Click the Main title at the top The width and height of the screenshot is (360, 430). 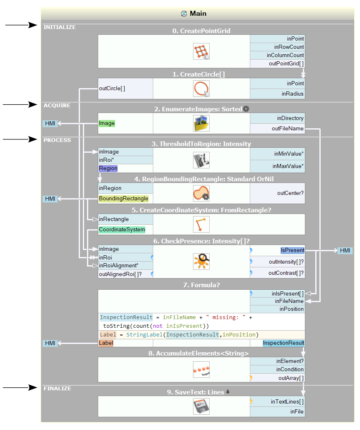[x=198, y=14]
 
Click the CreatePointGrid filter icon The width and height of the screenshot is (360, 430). [x=201, y=51]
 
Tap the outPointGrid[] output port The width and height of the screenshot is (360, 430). [x=286, y=63]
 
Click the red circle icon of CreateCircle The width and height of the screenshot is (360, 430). [x=201, y=89]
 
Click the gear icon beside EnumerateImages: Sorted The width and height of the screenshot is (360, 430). [x=246, y=109]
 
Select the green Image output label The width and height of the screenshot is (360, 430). [x=107, y=123]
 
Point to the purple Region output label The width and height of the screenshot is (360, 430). [x=108, y=168]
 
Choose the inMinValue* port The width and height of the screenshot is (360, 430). [x=288, y=154]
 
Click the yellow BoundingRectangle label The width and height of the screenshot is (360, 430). [x=123, y=199]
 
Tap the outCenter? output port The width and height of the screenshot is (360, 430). [x=290, y=193]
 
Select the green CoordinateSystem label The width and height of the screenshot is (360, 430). [x=122, y=230]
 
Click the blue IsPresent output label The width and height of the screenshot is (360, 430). [x=292, y=250]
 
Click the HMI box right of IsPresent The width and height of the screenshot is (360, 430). [x=345, y=250]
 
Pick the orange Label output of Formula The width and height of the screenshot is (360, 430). [x=106, y=343]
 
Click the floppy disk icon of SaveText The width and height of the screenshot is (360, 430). [x=201, y=406]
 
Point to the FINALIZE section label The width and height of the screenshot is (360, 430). [x=58, y=389]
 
